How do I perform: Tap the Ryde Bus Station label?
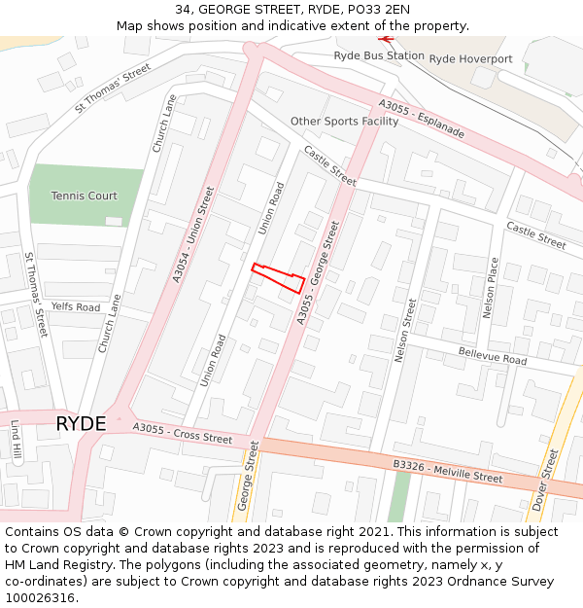click(379, 56)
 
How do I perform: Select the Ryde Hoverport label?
click(470, 59)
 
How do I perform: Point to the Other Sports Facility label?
click(344, 122)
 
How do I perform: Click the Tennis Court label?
click(85, 196)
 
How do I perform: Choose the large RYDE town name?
click(81, 423)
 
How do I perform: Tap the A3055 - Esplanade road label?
click(422, 119)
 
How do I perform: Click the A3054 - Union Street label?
click(192, 234)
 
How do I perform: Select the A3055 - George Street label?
click(320, 271)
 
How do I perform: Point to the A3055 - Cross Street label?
click(183, 433)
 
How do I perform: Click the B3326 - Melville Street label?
click(448, 472)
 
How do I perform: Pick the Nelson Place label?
click(491, 288)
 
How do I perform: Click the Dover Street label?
click(547, 479)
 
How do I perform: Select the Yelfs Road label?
click(76, 307)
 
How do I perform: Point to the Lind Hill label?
click(16, 440)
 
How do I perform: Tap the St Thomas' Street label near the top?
click(114, 88)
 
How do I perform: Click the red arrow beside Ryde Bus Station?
click(387, 39)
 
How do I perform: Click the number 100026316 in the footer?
click(42, 597)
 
